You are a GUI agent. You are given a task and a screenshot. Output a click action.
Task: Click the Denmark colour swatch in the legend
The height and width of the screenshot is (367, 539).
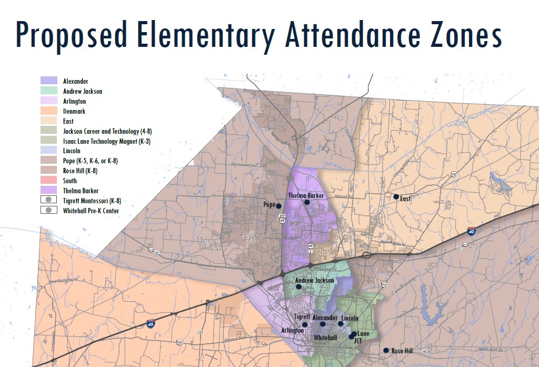(x=49, y=111)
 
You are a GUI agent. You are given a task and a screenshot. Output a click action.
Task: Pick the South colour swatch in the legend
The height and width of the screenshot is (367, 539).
(x=49, y=181)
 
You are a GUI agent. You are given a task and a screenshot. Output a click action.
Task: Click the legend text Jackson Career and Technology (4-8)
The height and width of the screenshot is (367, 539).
(x=107, y=131)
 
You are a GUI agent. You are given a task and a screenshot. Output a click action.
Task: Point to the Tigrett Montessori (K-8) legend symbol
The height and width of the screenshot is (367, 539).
(x=49, y=201)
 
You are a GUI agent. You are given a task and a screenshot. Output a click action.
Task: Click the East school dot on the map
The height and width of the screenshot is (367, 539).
(x=396, y=197)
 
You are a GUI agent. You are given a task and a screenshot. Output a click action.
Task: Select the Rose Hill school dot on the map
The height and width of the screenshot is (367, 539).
(x=386, y=350)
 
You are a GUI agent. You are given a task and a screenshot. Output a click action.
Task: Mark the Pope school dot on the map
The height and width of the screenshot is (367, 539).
(x=279, y=205)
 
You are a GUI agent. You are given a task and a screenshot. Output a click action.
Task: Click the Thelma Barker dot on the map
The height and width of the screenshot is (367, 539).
(x=307, y=202)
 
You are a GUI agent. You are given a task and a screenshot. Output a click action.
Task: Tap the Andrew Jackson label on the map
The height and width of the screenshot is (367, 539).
(x=315, y=281)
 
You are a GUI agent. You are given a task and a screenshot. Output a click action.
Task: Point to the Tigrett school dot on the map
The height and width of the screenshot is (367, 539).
(x=305, y=324)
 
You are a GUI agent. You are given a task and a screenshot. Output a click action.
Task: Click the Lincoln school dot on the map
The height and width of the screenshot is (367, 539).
(x=341, y=324)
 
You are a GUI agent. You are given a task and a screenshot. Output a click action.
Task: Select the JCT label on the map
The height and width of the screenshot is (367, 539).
(x=358, y=341)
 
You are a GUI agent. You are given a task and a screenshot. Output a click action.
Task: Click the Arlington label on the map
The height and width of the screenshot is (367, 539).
(x=292, y=330)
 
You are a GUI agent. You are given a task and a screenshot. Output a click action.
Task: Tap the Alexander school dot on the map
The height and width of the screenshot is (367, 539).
(x=323, y=324)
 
